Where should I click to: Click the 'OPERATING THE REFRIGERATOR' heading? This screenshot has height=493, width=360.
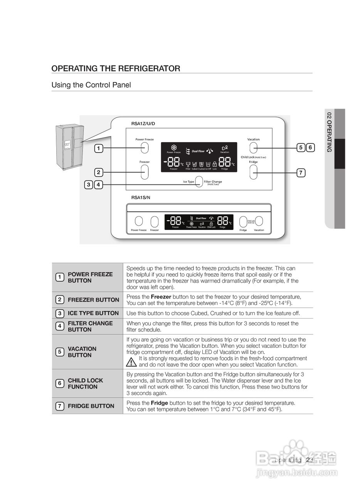(116, 69)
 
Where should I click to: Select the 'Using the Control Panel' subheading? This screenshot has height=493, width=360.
(91, 85)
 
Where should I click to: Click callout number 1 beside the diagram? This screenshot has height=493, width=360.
(99, 148)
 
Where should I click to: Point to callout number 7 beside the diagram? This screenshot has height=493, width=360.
(301, 173)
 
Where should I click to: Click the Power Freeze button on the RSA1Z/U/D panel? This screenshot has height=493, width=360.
(145, 147)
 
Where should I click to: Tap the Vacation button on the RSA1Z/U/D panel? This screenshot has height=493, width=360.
(253, 147)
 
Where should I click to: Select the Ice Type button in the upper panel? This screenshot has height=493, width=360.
(199, 181)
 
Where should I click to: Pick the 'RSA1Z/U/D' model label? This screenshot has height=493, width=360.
(143, 124)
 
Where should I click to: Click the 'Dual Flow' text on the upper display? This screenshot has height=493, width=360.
(198, 151)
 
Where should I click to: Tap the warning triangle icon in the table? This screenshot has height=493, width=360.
(131, 362)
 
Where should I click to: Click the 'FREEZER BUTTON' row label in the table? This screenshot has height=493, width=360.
(93, 300)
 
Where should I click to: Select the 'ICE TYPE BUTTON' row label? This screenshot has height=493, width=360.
(93, 313)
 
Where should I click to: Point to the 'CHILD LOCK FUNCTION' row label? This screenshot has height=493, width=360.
(85, 384)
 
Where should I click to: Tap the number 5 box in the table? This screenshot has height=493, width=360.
(60, 352)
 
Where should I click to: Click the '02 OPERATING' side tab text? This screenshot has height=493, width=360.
(329, 131)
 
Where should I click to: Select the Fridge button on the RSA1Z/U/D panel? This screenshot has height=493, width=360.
(253, 173)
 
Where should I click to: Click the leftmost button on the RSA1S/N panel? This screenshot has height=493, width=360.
(139, 221)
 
